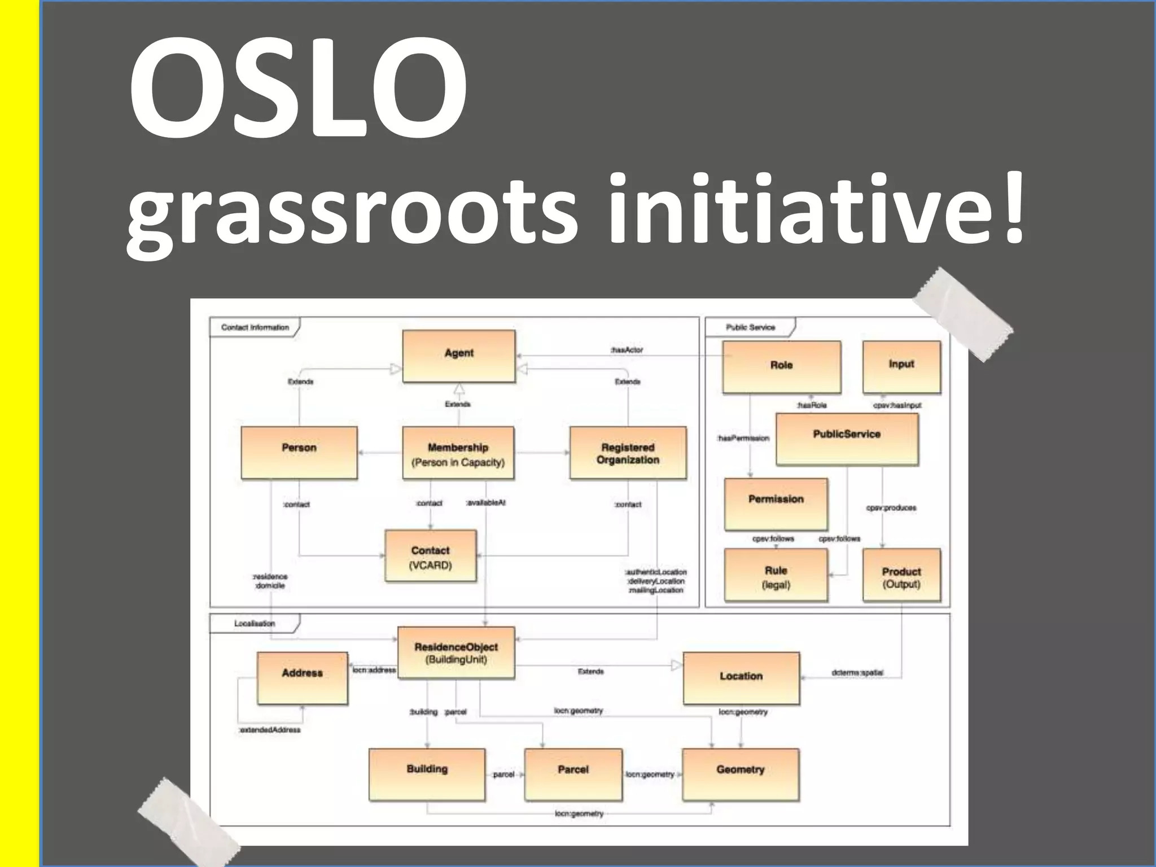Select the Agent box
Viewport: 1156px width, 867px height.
pyautogui.click(x=458, y=356)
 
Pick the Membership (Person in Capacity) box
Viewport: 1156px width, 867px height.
pyautogui.click(x=458, y=453)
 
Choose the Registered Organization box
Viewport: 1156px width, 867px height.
pyautogui.click(x=628, y=453)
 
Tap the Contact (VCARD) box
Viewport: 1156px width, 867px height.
pyautogui.click(x=430, y=556)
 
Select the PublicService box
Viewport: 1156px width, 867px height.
pyautogui.click(x=847, y=439)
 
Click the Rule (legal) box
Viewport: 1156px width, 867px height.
pyautogui.click(x=776, y=575)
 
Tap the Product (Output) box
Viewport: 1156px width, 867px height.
pyautogui.click(x=901, y=575)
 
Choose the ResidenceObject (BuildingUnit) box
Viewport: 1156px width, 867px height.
pyautogui.click(x=456, y=653)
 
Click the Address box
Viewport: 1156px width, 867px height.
pyautogui.click(x=302, y=678)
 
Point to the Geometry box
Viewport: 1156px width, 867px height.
pyautogui.click(x=741, y=774)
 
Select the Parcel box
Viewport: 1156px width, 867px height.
pyautogui.click(x=573, y=774)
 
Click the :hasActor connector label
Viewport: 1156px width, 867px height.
pyautogui.click(x=627, y=350)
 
